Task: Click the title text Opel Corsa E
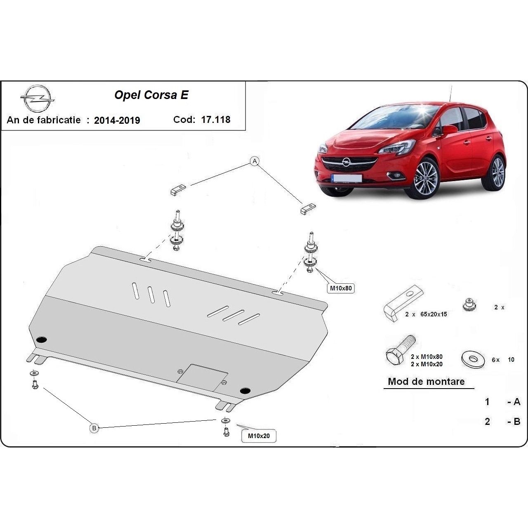coord(151,95)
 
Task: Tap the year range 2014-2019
coord(117,120)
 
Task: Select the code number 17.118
coord(216,120)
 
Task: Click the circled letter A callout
coord(255,161)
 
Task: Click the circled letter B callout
coord(94,428)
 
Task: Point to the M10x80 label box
coord(341,288)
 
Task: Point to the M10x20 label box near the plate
coord(259,436)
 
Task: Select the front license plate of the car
coord(346,178)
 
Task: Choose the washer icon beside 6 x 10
coord(473,359)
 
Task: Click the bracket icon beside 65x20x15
coord(403,303)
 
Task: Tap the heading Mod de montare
coord(426,382)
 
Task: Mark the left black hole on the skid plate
coord(42,340)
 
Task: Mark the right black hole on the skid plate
coord(245,390)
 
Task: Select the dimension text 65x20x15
coord(434,314)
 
